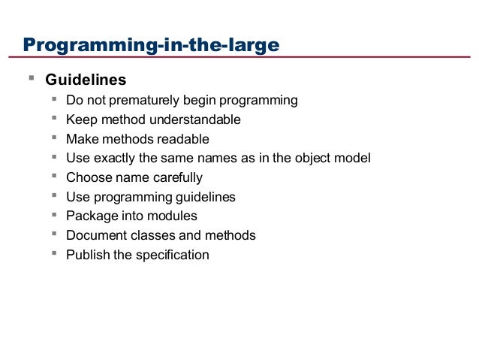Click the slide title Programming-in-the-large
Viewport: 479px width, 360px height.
click(x=151, y=46)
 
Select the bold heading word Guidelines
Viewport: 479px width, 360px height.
click(x=86, y=80)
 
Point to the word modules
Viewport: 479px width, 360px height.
click(x=173, y=216)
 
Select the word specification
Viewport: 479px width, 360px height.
click(x=172, y=256)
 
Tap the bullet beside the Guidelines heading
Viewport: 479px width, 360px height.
click(x=31, y=78)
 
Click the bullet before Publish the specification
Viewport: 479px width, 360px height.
click(x=55, y=254)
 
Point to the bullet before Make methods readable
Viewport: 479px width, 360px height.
click(x=55, y=138)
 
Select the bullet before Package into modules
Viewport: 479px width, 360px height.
click(x=55, y=215)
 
